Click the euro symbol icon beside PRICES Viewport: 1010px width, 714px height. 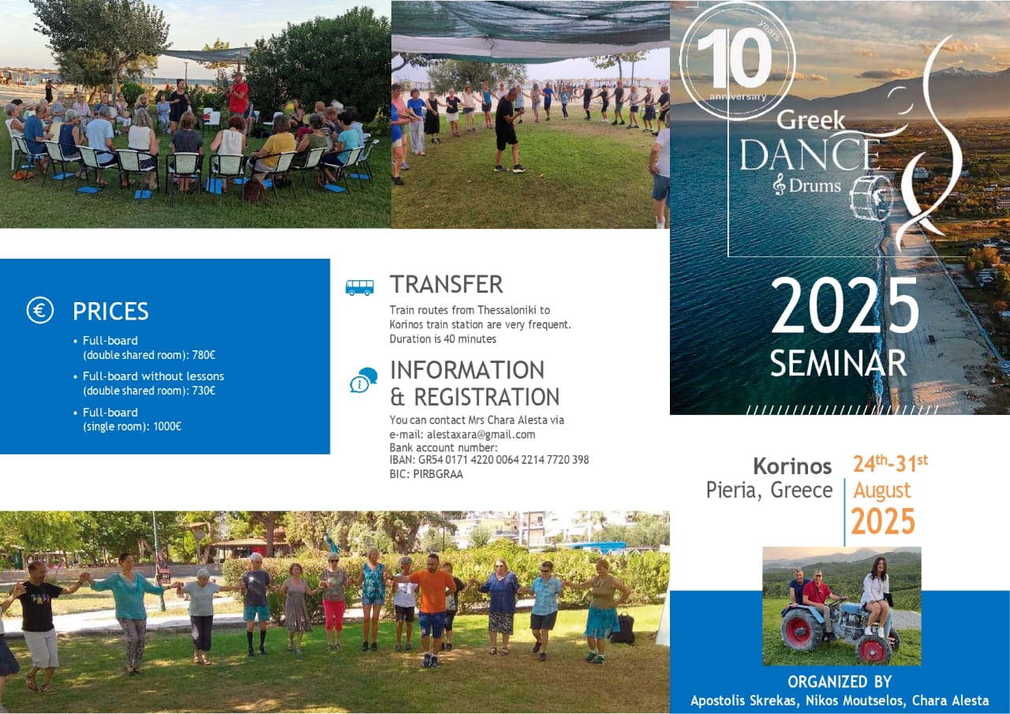[39, 310]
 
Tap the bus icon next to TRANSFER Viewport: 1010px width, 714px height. [359, 287]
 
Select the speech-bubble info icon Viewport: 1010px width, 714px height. [364, 380]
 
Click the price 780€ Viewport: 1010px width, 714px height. [204, 355]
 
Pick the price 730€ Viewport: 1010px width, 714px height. [204, 391]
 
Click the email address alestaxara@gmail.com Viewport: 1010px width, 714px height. [481, 435]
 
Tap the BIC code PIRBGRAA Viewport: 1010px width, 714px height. [438, 474]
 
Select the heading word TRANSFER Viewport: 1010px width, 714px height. [447, 285]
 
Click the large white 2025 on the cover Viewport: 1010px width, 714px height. [845, 305]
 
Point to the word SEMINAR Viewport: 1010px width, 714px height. [838, 363]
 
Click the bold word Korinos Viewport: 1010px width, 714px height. [792, 466]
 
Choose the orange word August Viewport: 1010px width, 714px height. [882, 491]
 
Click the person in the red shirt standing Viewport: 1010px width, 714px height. [238, 100]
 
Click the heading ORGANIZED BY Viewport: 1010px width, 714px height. [840, 682]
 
